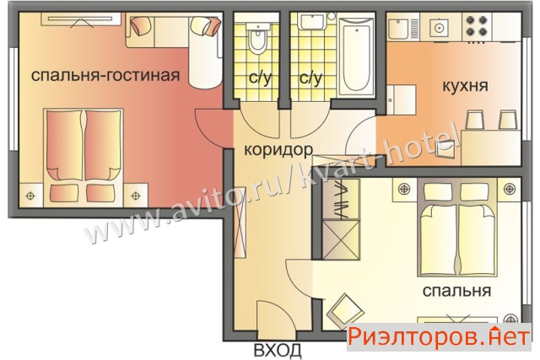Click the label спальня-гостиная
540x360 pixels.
[x=105, y=75]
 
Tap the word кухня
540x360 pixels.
[x=465, y=86]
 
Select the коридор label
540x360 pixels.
[x=278, y=150]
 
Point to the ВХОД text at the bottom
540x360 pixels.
[x=278, y=350]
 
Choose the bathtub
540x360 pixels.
[x=356, y=55]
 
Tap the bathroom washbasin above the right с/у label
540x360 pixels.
[x=311, y=21]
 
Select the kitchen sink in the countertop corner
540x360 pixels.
[x=399, y=28]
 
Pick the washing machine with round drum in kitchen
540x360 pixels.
[x=439, y=28]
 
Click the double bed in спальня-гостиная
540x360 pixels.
[x=84, y=158]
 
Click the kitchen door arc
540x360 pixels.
[x=356, y=135]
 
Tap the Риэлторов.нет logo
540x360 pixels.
[x=439, y=336]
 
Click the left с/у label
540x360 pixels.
[x=260, y=78]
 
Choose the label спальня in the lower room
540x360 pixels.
[x=456, y=291]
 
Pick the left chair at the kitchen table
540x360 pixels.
[x=474, y=120]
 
